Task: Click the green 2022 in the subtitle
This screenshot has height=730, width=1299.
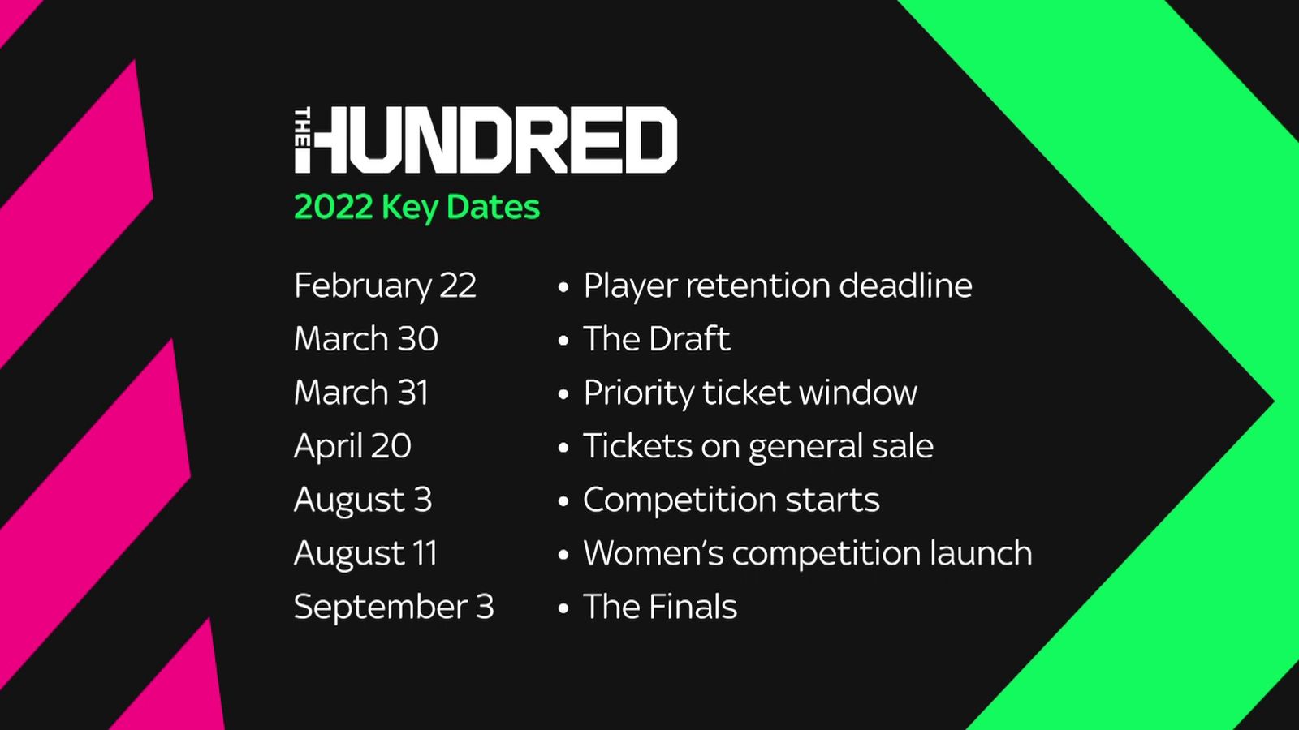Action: pyautogui.click(x=333, y=207)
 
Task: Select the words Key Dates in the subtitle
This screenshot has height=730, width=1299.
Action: pyautogui.click(x=460, y=208)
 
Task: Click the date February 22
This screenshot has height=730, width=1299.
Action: pyautogui.click(x=385, y=286)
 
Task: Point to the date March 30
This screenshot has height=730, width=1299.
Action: pyautogui.click(x=366, y=339)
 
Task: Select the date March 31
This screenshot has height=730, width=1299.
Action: pyautogui.click(x=361, y=393)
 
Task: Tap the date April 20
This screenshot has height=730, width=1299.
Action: pyautogui.click(x=352, y=446)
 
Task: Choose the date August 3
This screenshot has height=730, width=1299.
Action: pyautogui.click(x=363, y=500)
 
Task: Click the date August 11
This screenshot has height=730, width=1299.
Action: pyautogui.click(x=366, y=553)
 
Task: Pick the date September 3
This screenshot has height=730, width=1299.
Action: pyautogui.click(x=394, y=607)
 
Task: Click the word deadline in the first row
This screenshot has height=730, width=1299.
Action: pyautogui.click(x=905, y=286)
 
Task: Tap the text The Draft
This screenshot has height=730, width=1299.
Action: pyautogui.click(x=656, y=339)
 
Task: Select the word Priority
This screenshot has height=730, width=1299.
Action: pyautogui.click(x=637, y=393)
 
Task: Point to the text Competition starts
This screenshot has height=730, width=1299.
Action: pyautogui.click(x=731, y=500)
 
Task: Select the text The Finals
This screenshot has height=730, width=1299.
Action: pyautogui.click(x=660, y=607)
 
